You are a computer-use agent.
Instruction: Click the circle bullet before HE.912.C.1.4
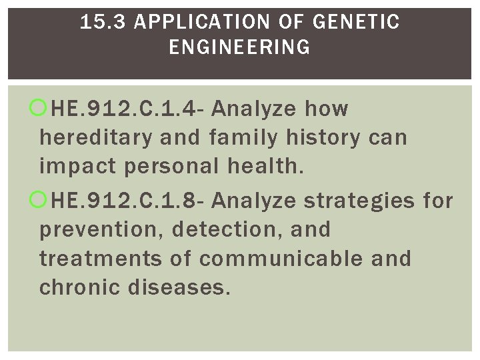tap(41, 108)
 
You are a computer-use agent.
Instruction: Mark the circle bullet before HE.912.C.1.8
tap(41, 200)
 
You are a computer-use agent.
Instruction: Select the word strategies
tap(359, 200)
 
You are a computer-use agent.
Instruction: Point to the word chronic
tap(74, 288)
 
